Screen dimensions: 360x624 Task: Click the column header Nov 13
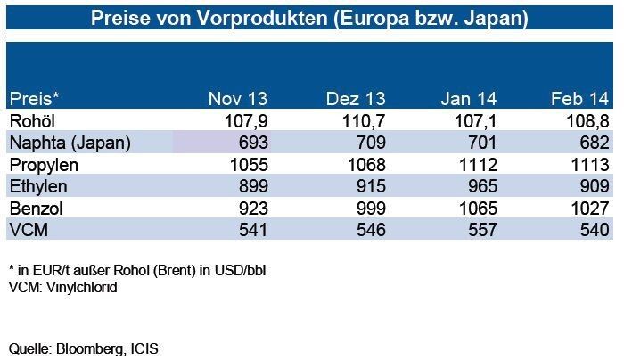click(237, 98)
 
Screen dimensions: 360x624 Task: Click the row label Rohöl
click(32, 119)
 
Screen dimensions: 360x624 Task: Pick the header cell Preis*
click(33, 98)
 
